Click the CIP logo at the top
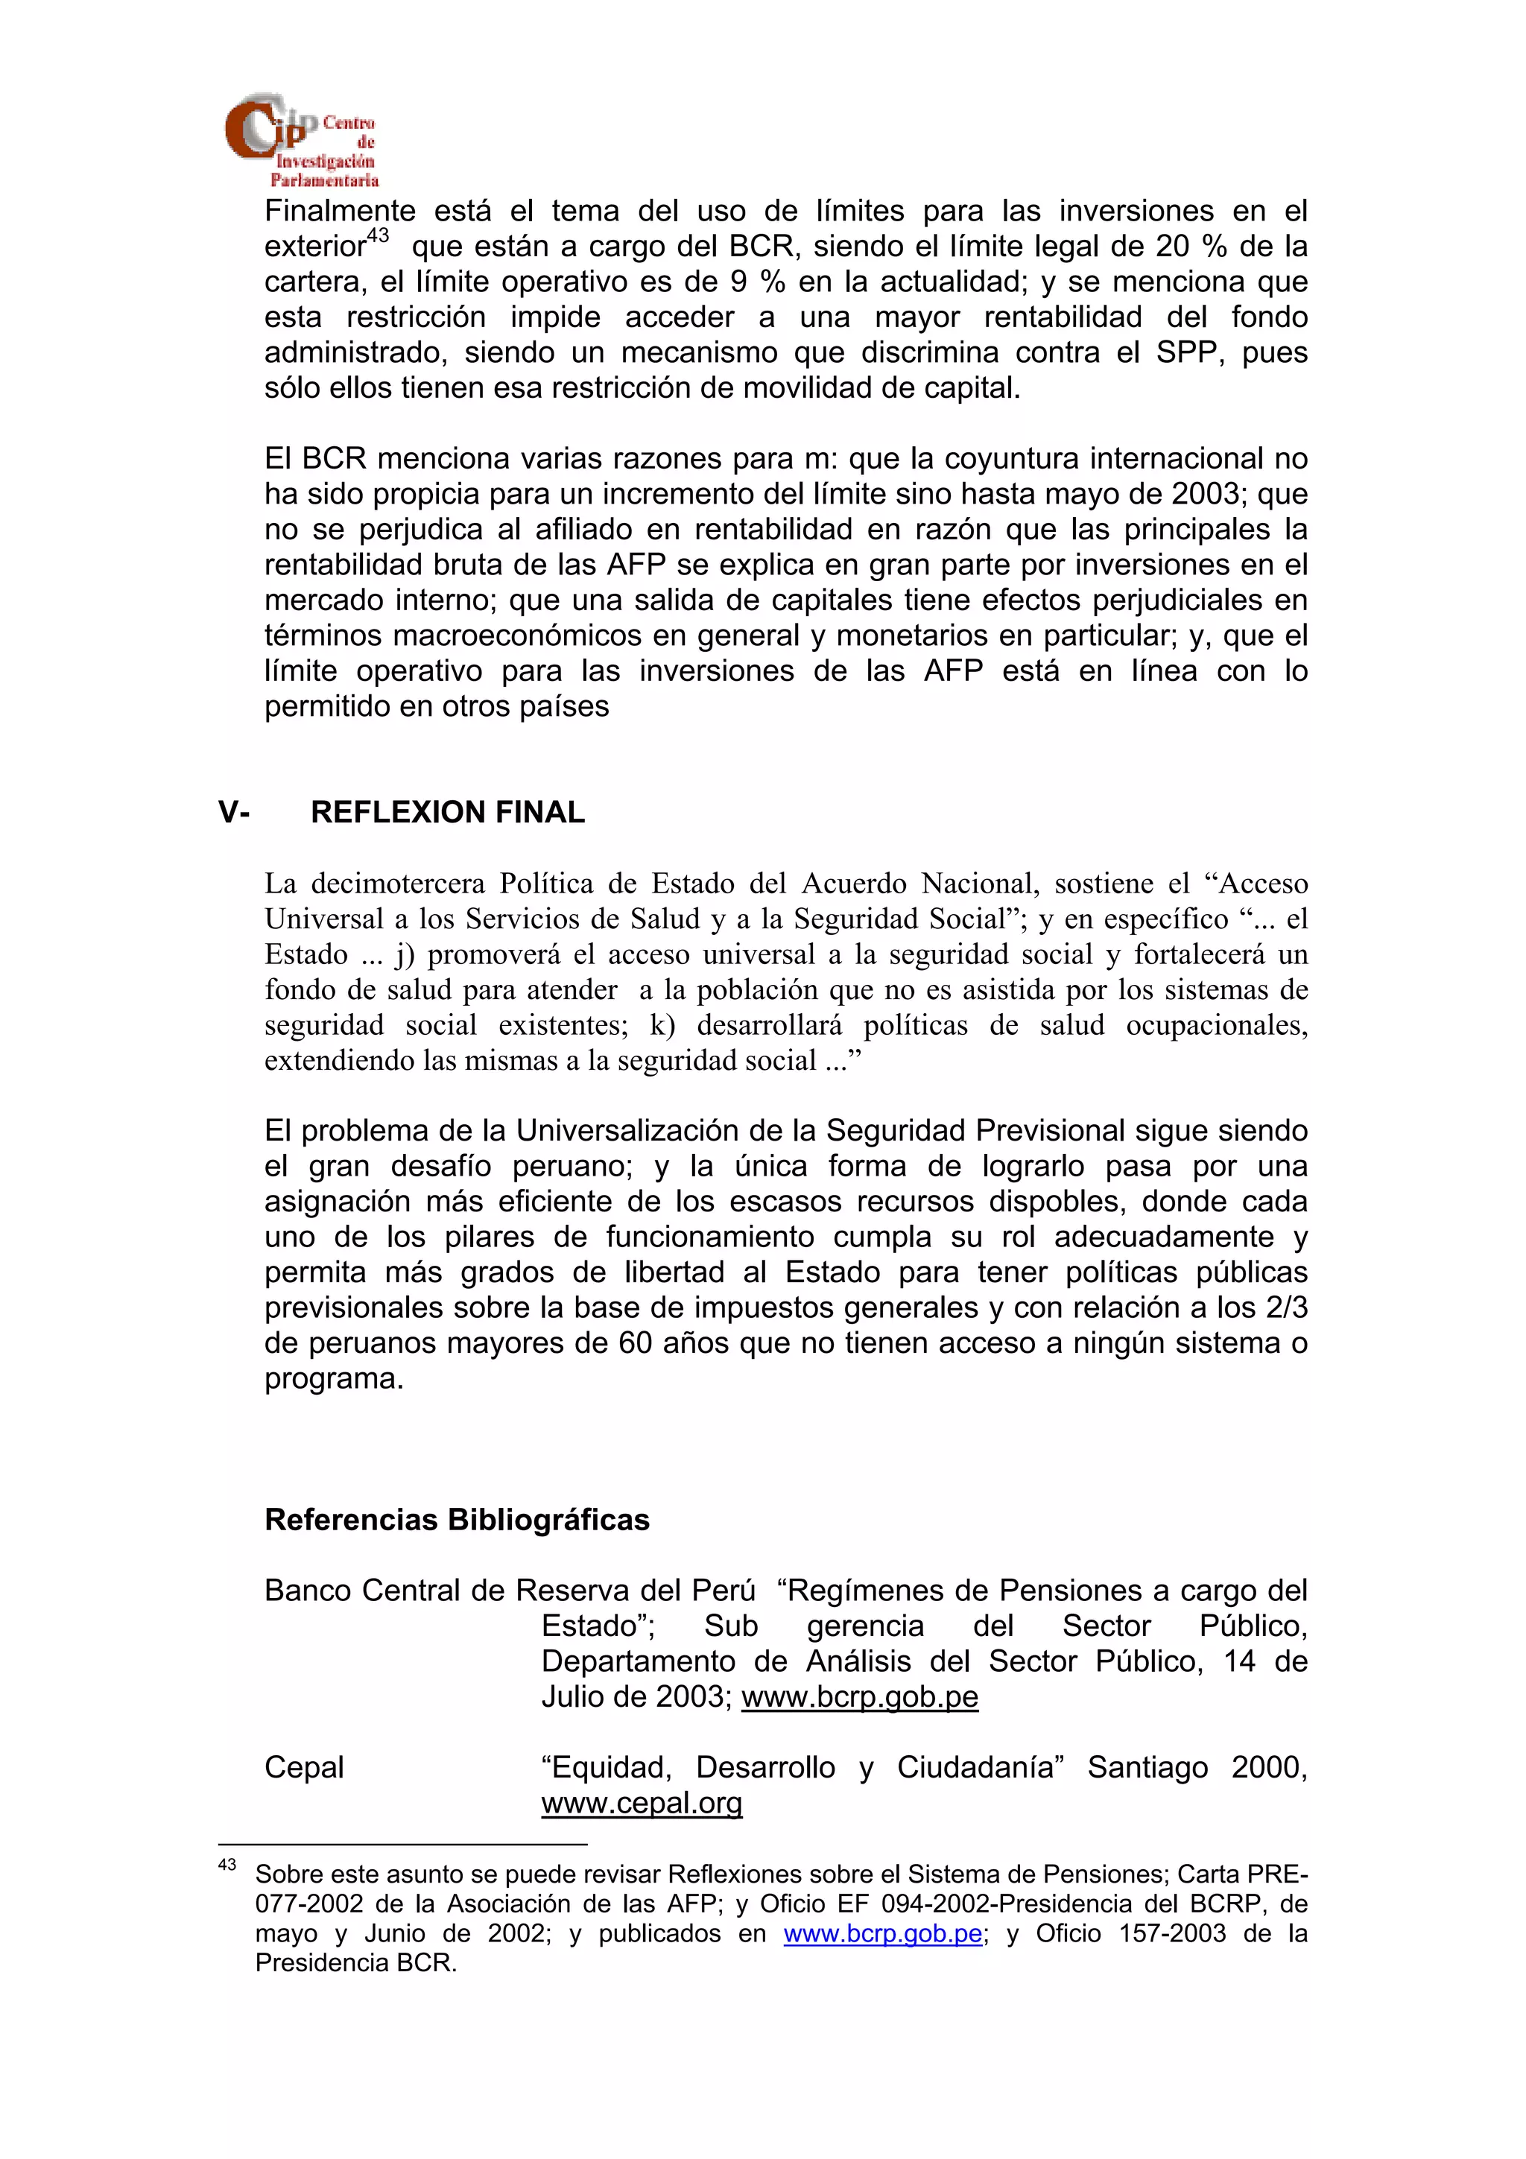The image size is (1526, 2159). click(x=301, y=140)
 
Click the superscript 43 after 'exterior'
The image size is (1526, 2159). click(x=377, y=236)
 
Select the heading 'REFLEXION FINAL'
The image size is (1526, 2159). click(x=448, y=813)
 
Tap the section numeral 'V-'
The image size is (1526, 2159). click(x=234, y=813)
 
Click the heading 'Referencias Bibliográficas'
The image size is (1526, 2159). click(x=457, y=1520)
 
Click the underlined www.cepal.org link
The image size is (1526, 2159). click(x=642, y=1804)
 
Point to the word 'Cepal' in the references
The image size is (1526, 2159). click(x=304, y=1768)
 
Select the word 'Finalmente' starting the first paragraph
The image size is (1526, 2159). click(x=340, y=211)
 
